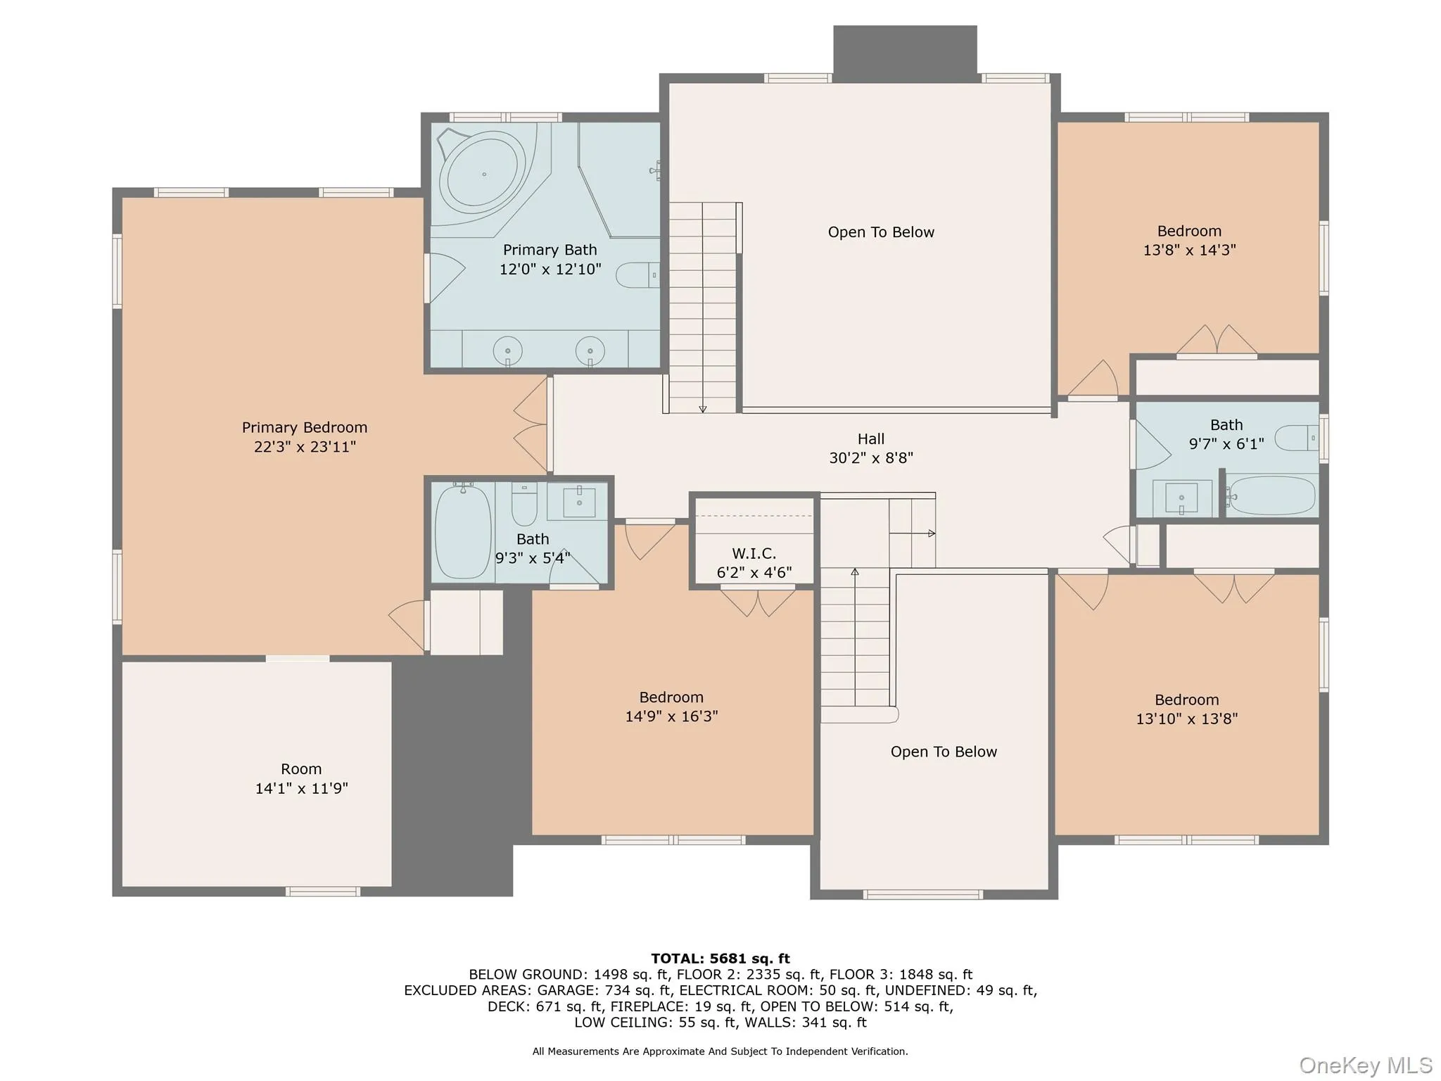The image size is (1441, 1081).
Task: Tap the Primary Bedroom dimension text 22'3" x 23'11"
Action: (x=305, y=447)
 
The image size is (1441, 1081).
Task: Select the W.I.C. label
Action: (x=754, y=554)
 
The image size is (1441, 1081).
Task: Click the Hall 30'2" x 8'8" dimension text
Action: (x=870, y=458)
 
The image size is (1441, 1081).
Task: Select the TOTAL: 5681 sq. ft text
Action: (x=720, y=959)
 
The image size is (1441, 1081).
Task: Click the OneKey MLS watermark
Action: (x=1365, y=1066)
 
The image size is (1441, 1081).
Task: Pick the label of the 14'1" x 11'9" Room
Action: (x=301, y=769)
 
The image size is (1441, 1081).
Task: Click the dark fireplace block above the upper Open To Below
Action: (x=905, y=49)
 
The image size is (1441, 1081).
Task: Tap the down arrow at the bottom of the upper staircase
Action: (x=702, y=408)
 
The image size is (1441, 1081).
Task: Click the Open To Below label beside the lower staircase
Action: (x=944, y=752)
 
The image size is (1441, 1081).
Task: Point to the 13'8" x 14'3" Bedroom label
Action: (x=1189, y=232)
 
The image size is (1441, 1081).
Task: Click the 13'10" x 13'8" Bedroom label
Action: (x=1186, y=700)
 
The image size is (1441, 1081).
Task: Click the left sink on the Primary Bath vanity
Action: (x=507, y=350)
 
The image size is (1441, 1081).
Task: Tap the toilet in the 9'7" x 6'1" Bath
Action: (x=1295, y=438)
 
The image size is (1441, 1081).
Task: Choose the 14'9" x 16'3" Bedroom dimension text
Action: (x=671, y=716)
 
